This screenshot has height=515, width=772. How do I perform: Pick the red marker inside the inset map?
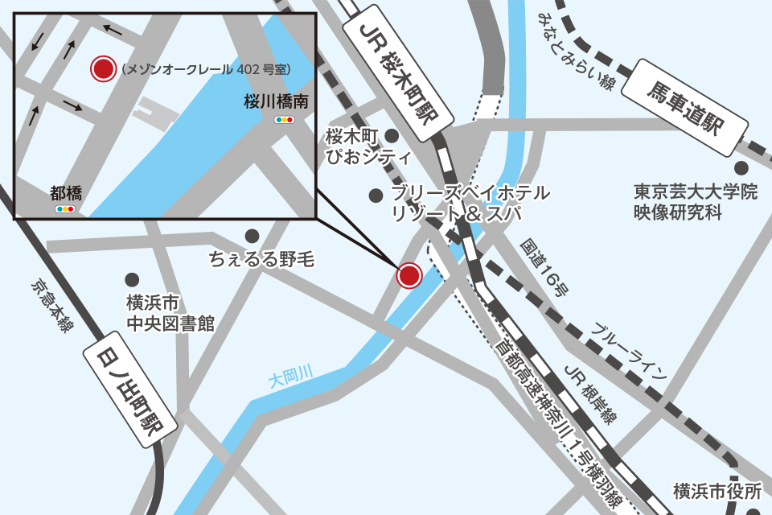(103, 69)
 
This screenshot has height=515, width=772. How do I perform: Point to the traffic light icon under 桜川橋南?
(285, 120)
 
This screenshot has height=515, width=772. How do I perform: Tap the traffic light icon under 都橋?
(64, 209)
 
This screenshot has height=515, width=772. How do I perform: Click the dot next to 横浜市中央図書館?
(132, 279)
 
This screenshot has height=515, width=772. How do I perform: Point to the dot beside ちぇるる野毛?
(253, 236)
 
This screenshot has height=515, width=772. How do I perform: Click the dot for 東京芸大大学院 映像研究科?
(741, 168)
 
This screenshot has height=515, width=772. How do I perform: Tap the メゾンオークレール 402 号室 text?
(206, 70)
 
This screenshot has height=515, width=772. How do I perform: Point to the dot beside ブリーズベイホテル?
(376, 196)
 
